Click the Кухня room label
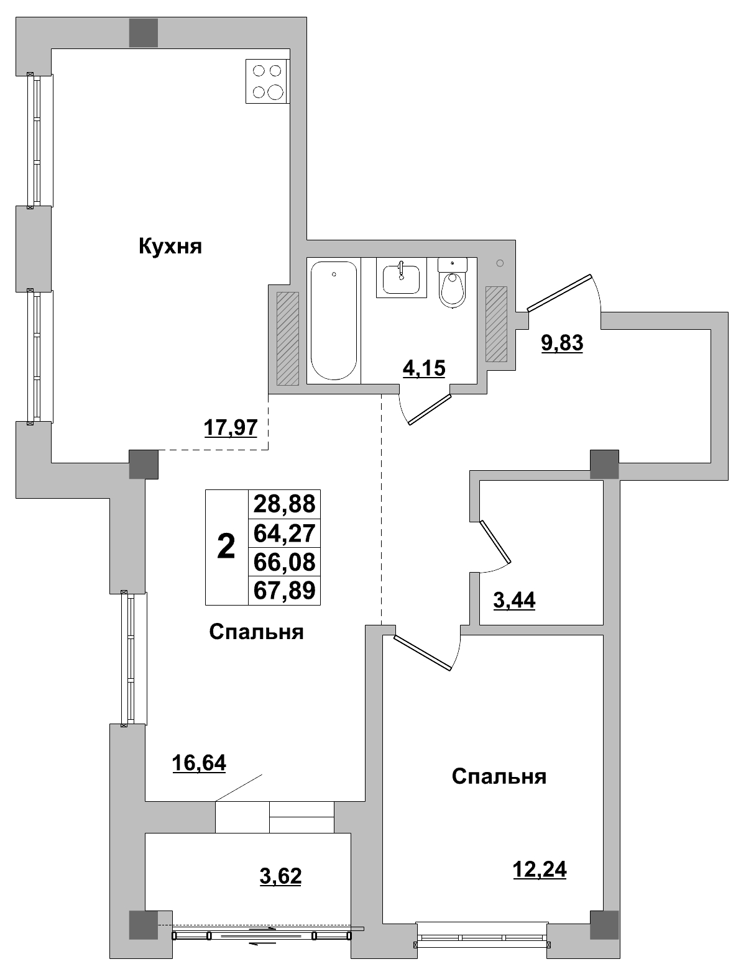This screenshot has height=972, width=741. [x=170, y=247]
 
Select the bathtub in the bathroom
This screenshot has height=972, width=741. [x=334, y=321]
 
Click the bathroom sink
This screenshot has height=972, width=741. [x=401, y=278]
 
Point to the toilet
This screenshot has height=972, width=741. [x=452, y=284]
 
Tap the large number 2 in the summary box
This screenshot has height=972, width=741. [x=226, y=547]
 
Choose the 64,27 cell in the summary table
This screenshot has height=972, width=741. [x=284, y=532]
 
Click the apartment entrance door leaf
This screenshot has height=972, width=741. [x=559, y=291]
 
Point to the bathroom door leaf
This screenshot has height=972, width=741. [x=429, y=409]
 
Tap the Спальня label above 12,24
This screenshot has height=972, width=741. [x=499, y=776]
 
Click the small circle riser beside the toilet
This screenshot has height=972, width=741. [x=500, y=263]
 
